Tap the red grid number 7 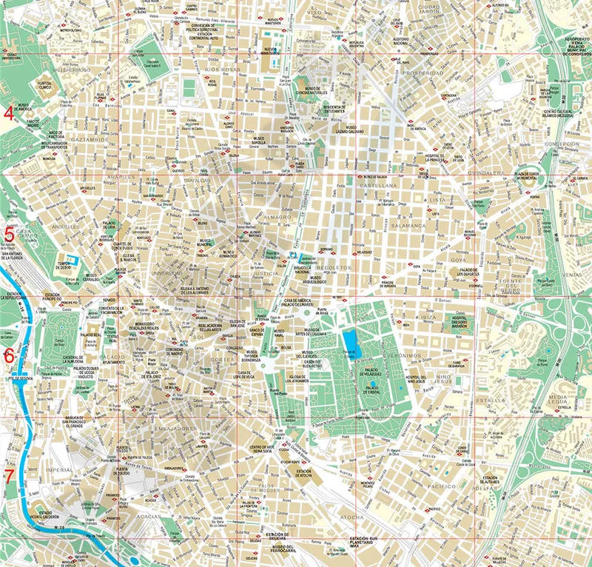coord(9,475)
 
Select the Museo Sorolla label coord(260,141)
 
